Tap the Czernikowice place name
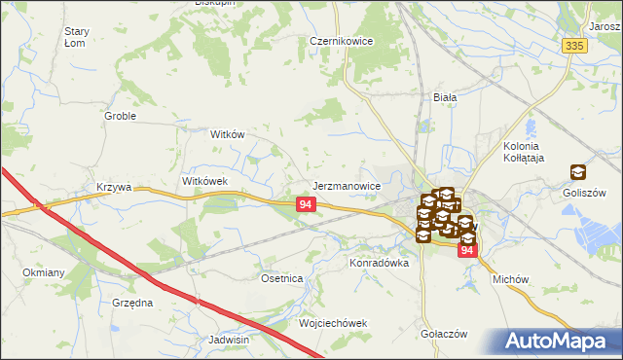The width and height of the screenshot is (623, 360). [343, 42]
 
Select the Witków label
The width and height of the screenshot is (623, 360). [227, 135]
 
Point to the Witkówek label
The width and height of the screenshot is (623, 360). [204, 181]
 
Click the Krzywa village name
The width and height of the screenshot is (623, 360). [114, 187]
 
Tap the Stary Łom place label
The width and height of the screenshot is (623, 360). [76, 37]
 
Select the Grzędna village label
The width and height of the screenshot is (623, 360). [132, 303]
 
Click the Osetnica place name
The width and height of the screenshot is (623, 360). [282, 278]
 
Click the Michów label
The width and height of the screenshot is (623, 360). [510, 279]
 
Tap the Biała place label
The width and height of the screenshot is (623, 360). [445, 97]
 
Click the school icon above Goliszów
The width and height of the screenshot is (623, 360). [578, 171]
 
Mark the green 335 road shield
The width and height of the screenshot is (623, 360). [573, 46]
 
